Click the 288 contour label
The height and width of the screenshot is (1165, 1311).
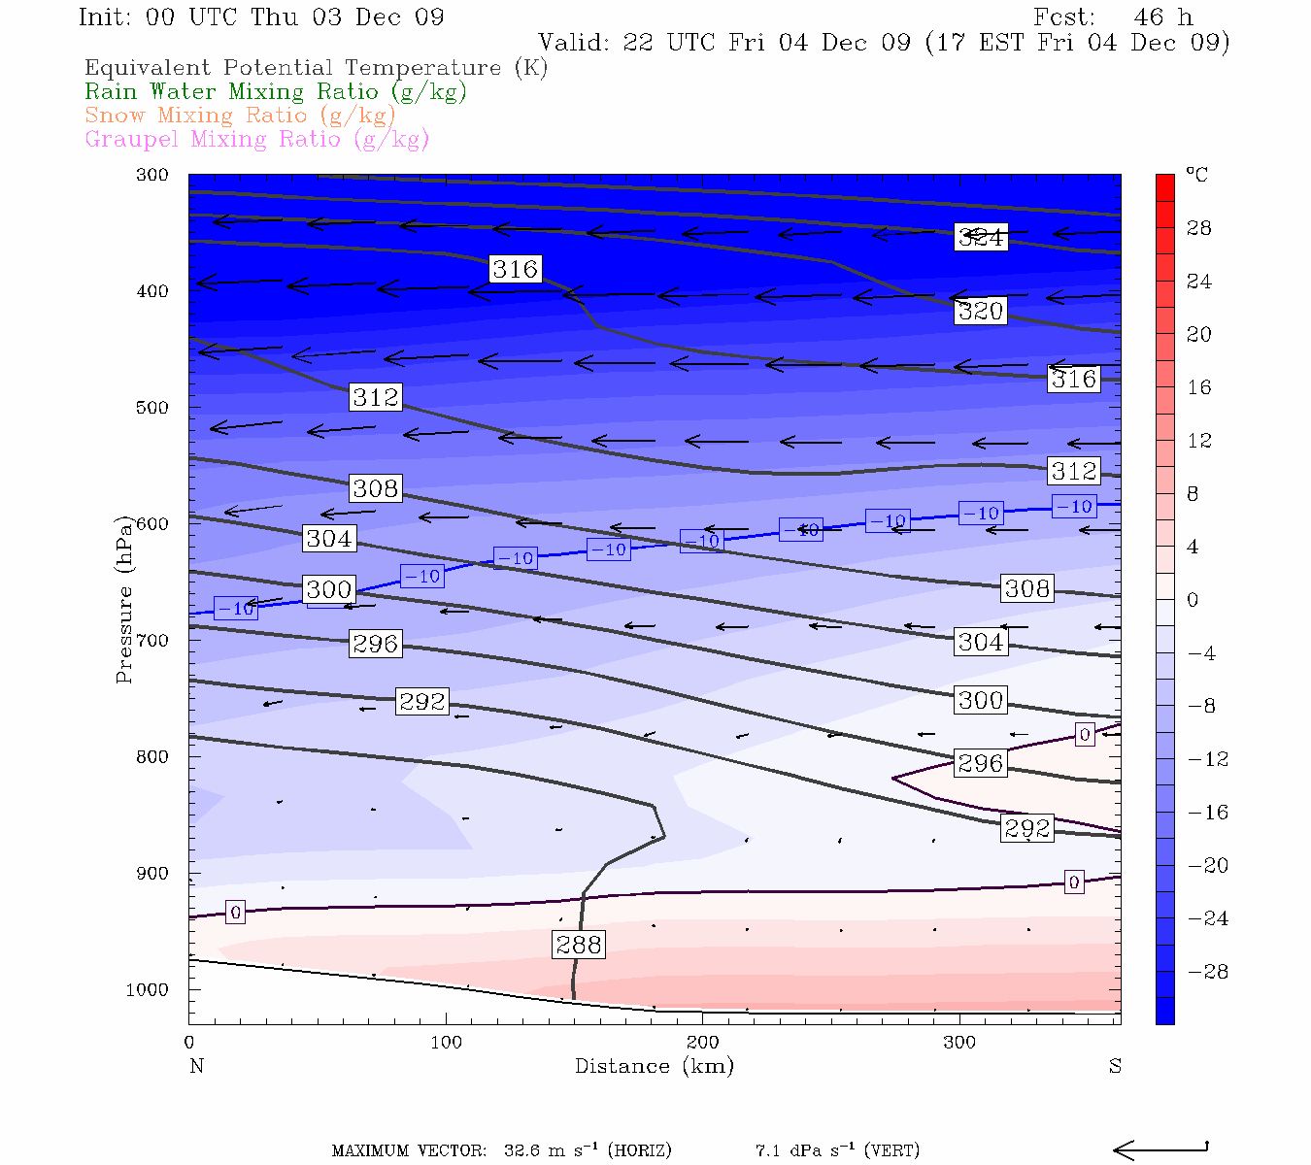[579, 945]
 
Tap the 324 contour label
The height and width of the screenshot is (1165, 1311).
[981, 237]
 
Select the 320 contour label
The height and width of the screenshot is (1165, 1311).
[980, 311]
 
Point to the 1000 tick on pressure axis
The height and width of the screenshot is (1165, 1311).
[148, 990]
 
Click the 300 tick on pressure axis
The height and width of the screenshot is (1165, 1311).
[152, 176]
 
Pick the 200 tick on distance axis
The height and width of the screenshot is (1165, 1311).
[702, 1043]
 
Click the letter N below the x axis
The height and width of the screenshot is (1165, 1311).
[196, 1066]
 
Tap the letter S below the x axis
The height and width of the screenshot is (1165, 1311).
[1115, 1066]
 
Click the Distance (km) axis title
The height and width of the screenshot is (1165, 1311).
[654, 1066]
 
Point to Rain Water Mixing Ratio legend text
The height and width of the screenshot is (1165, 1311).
[276, 92]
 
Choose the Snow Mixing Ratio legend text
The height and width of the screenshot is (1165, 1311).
[240, 116]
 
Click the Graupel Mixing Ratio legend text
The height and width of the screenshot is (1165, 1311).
[256, 139]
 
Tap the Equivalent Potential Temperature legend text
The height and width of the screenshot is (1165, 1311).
[316, 68]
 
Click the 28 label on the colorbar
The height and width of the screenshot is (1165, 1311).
[1199, 228]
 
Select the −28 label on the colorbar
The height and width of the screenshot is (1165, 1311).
[1208, 972]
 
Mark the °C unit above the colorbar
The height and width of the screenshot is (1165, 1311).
[1196, 175]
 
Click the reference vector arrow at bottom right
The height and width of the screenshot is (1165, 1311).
[1160, 1150]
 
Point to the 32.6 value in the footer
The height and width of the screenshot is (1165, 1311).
[521, 1151]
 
